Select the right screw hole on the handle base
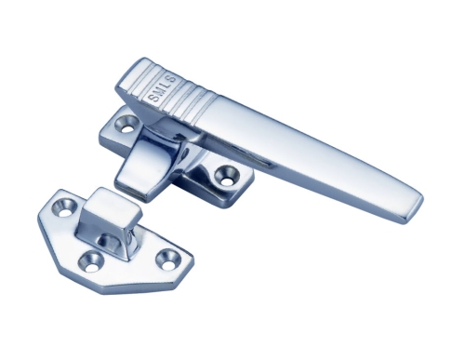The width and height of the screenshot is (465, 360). tap(225, 172)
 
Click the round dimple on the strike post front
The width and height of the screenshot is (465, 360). tap(110, 240)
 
